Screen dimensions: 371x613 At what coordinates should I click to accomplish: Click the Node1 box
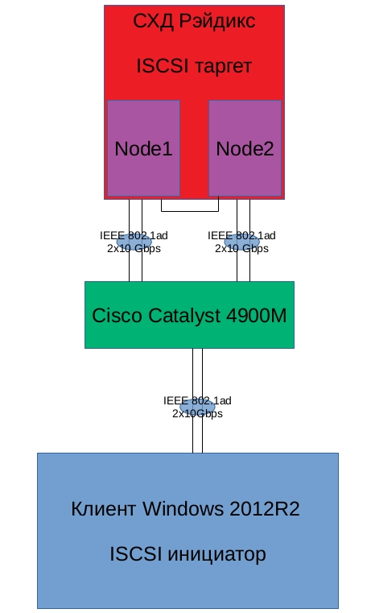[143, 147]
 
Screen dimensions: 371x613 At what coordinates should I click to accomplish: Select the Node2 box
[245, 147]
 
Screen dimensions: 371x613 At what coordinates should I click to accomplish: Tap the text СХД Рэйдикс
[194, 21]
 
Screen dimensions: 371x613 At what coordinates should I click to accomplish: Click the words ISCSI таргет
[194, 66]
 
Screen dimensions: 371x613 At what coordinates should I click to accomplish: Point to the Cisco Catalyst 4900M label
[189, 316]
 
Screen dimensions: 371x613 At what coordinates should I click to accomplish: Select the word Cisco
[117, 315]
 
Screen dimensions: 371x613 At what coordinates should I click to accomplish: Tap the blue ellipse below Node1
[134, 242]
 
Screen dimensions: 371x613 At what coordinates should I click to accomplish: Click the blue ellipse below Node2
[241, 242]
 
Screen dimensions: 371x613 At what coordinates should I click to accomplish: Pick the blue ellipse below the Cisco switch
[197, 407]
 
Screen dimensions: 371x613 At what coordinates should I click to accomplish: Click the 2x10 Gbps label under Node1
[134, 248]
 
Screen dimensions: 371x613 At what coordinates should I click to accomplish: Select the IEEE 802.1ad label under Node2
[241, 235]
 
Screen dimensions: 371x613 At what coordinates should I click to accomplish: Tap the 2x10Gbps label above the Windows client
[198, 413]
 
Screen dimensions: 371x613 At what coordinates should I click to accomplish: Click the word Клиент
[104, 508]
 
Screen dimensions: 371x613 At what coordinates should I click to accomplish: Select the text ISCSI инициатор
[188, 554]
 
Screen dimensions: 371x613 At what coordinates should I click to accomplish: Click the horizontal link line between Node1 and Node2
[190, 212]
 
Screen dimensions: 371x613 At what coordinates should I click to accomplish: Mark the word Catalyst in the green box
[184, 316]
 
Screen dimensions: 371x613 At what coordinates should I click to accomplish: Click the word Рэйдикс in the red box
[217, 21]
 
